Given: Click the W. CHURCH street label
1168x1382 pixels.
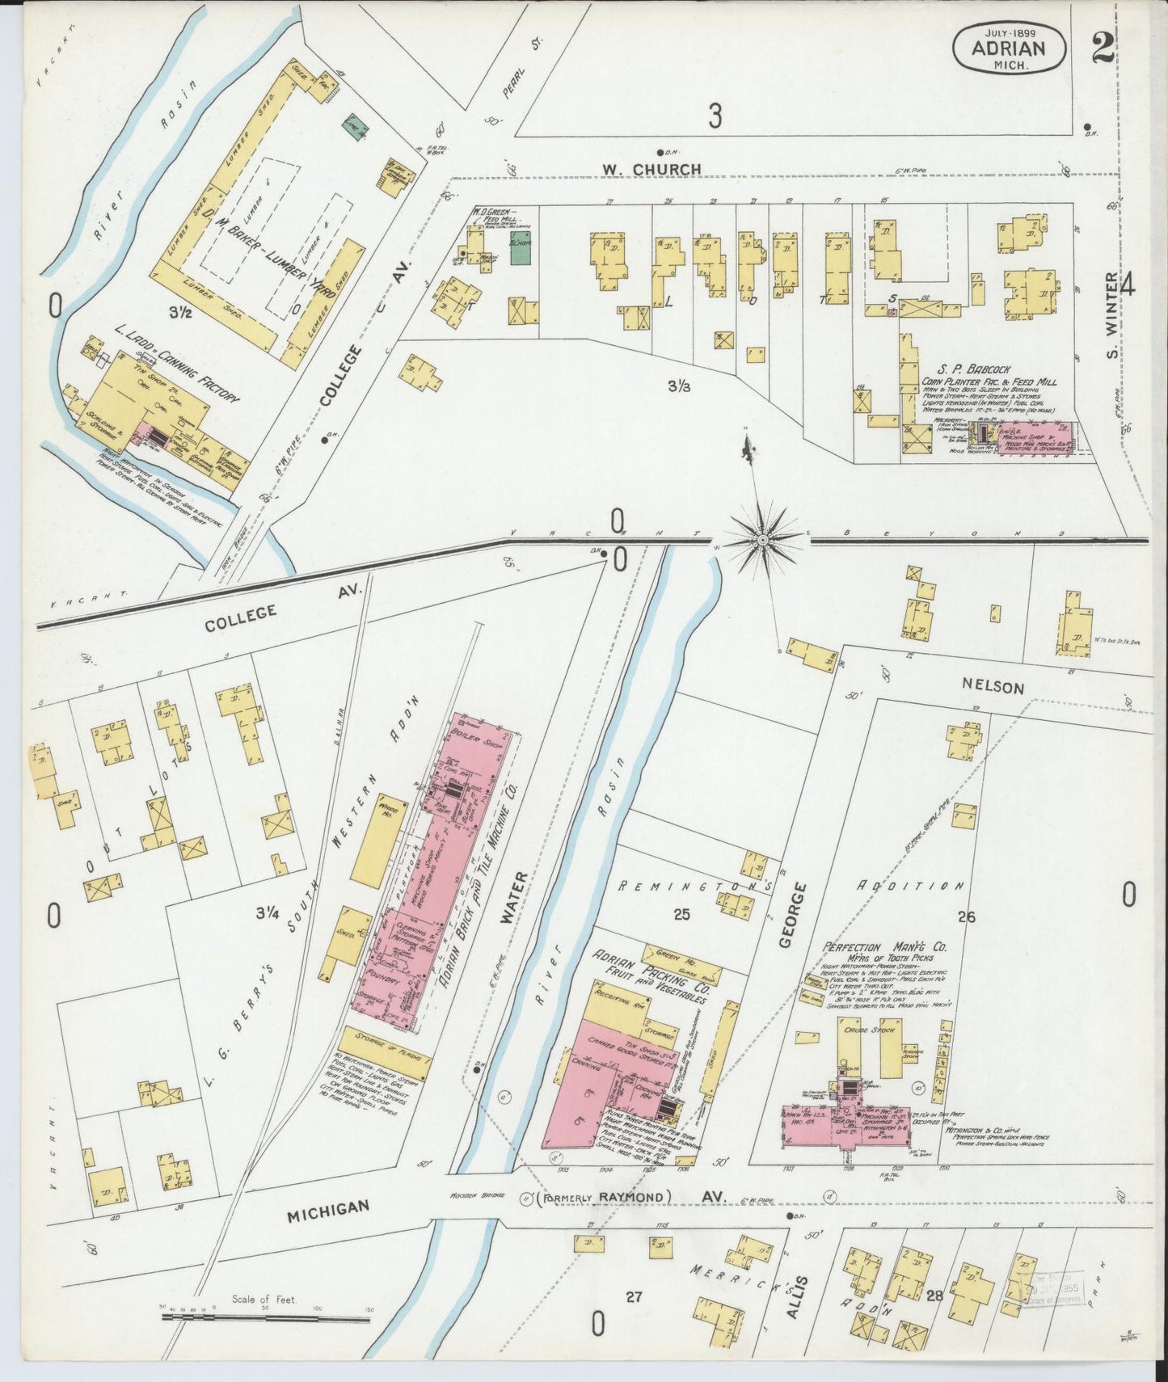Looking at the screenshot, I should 651,169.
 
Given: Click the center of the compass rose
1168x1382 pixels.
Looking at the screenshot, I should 762,538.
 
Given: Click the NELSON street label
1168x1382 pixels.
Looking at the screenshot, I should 993,687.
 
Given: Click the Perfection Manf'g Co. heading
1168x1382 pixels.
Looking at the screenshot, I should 885,946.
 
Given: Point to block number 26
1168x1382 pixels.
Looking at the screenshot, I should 966,916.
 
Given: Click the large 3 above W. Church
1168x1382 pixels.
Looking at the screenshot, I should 714,117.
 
